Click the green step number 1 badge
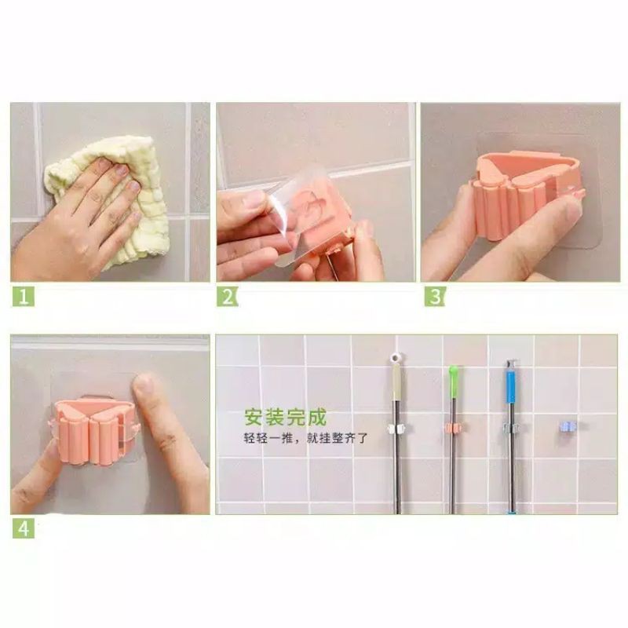click(x=24, y=297)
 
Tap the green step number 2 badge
click(x=228, y=297)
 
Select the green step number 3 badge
click(x=436, y=297)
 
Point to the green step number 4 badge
click(x=24, y=528)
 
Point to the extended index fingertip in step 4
click(x=144, y=385)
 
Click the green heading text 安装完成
click(x=286, y=418)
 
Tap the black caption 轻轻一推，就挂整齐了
click(x=305, y=438)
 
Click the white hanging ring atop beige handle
click(x=396, y=358)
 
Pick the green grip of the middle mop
click(x=453, y=381)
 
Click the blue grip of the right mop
click(x=511, y=385)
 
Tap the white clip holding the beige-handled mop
click(x=396, y=429)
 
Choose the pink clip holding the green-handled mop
click(x=454, y=428)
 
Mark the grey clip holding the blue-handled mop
click(x=512, y=429)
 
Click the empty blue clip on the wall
click(x=568, y=426)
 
